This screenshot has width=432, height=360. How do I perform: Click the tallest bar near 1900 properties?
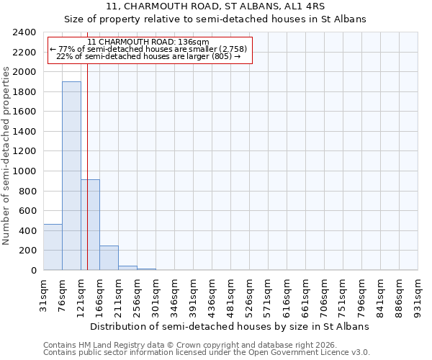coord(71,176)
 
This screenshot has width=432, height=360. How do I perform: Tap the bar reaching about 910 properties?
coord(90,225)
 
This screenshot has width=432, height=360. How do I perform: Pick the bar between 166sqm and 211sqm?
coord(109,258)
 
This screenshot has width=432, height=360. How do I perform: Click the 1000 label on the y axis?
coord(25,171)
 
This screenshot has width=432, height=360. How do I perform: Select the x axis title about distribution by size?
coord(230,326)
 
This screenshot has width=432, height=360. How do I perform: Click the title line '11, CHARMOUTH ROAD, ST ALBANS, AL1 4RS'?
coord(215,6)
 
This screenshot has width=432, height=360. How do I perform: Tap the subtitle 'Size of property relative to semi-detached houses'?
coord(215,19)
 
